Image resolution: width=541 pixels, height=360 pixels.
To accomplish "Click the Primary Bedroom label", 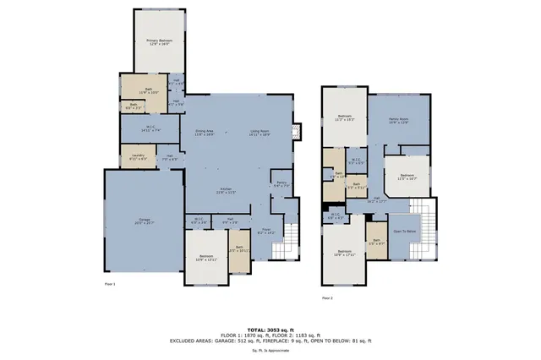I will coord(160,41).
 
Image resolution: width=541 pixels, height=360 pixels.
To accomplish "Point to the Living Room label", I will coord(259,133).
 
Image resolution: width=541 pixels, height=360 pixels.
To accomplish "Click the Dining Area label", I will coord(205,133).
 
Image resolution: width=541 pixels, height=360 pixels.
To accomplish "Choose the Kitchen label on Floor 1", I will coord(226,190).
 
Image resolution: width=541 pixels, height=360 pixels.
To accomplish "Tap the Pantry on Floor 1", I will coord(280,185).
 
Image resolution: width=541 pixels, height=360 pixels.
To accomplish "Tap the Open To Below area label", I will coord(405,231).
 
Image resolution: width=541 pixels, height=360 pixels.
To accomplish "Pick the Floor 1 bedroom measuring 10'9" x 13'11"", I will coord(206,258).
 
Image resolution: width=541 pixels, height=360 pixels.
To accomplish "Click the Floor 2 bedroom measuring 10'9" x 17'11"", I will coord(344,253).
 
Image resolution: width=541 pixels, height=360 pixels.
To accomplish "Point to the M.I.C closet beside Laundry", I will coord(149,129).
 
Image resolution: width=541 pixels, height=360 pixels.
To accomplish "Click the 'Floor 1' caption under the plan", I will coord(109,284).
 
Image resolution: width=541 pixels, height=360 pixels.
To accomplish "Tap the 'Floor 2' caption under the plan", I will coord(326,298).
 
